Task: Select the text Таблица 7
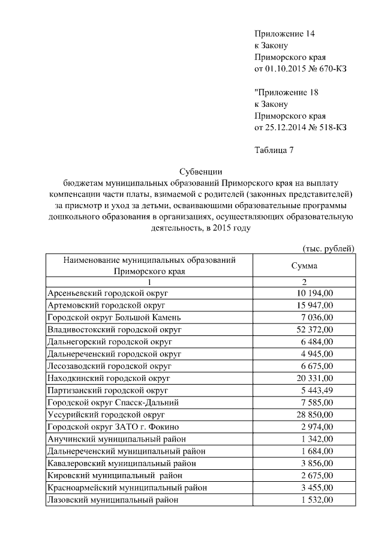point(274,150)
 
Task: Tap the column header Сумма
point(304,266)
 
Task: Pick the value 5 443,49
point(317,391)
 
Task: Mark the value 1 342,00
point(317,439)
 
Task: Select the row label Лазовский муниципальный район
point(112,500)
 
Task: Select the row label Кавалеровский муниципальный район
point(121,463)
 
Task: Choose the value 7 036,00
point(317,317)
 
